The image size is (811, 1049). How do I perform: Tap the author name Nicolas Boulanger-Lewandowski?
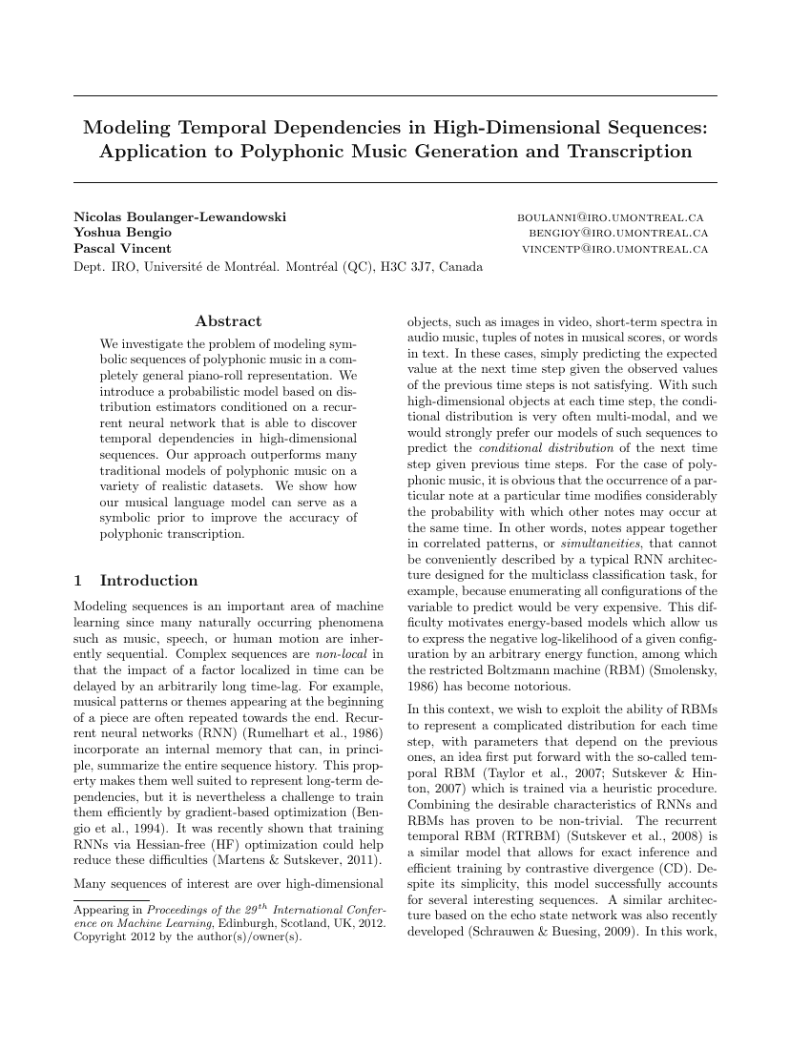179,217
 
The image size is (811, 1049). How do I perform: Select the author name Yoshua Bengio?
122,233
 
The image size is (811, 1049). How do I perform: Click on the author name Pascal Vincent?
122,249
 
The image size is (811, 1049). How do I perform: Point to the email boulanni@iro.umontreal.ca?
612,217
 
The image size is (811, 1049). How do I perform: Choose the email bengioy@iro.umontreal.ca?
618,233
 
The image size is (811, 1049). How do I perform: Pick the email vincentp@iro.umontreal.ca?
614,249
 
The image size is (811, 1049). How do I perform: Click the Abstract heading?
228,321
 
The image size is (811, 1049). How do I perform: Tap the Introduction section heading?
149,581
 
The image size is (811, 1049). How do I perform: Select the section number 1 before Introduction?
77,581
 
